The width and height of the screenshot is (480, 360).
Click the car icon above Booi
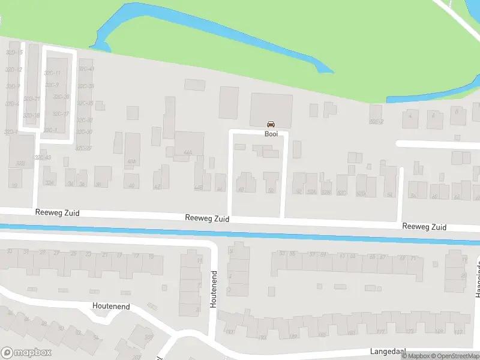tap(271, 124)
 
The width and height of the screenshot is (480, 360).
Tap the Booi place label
tap(271, 134)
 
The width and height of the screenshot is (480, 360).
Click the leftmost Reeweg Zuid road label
tap(57, 213)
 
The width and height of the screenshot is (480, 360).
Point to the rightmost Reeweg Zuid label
tap(424, 227)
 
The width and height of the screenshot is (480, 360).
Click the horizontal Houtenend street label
tap(111, 306)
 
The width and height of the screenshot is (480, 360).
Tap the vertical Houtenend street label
tap(213, 290)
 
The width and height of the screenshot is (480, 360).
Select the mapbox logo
tap(26, 353)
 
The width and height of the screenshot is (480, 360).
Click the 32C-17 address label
tap(61, 114)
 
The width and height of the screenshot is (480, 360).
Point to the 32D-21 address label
tap(32, 99)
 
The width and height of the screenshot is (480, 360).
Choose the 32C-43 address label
tap(43, 157)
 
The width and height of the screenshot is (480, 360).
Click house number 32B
tap(20, 163)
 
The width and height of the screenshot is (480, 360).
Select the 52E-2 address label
tap(376, 122)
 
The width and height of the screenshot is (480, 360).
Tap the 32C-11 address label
tap(52, 73)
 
